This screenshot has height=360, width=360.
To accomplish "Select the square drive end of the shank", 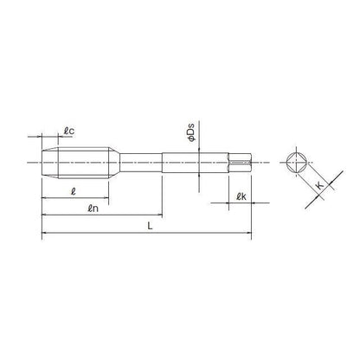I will [x=241, y=161].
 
